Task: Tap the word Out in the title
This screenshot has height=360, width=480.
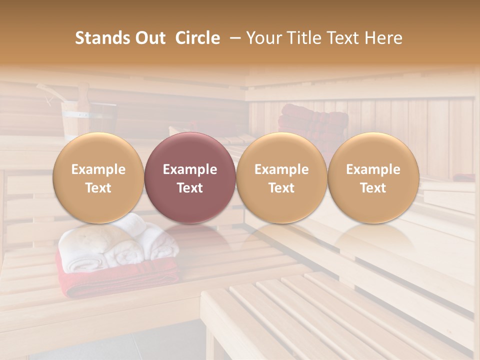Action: (150, 38)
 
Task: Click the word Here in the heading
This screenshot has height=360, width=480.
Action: (382, 38)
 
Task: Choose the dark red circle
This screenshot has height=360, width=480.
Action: (189, 177)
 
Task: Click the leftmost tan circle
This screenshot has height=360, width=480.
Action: (98, 177)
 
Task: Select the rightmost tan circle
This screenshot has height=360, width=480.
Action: (373, 177)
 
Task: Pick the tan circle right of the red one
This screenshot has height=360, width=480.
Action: (281, 177)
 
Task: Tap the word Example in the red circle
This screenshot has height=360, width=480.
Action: (189, 169)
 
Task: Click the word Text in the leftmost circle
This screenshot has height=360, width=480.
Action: (98, 188)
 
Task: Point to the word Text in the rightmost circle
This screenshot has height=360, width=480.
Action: (373, 188)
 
